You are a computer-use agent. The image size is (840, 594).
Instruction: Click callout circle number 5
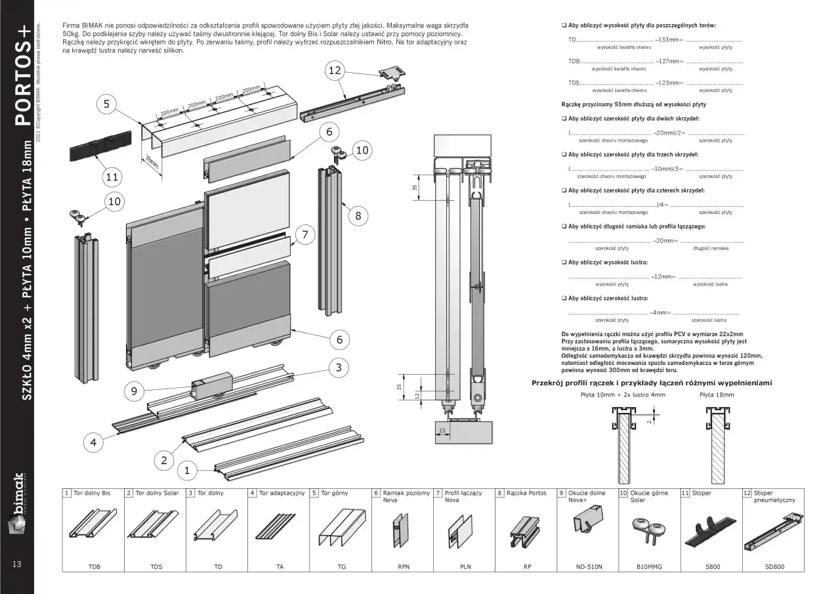point(106,104)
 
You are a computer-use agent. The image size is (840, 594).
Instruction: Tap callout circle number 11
point(113,177)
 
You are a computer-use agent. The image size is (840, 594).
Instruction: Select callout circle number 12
point(335,70)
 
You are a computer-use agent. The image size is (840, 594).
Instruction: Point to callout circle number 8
point(358,215)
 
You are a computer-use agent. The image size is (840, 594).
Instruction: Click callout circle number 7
point(304,234)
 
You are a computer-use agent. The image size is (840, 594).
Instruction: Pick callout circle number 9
point(134,391)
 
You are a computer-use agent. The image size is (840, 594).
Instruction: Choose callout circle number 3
point(339,368)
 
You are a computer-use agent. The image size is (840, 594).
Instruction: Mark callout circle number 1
point(187,470)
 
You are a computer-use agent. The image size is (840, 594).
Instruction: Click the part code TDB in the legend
point(94,566)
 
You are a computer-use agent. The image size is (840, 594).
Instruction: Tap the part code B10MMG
point(649,566)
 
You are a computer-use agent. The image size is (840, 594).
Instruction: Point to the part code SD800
point(774,566)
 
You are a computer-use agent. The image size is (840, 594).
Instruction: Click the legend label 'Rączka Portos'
point(526,493)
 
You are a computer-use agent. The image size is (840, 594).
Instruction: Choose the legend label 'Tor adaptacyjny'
point(282,493)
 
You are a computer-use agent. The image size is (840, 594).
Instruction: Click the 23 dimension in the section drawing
point(442,431)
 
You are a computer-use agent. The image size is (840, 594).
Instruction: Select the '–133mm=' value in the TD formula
point(669,40)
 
